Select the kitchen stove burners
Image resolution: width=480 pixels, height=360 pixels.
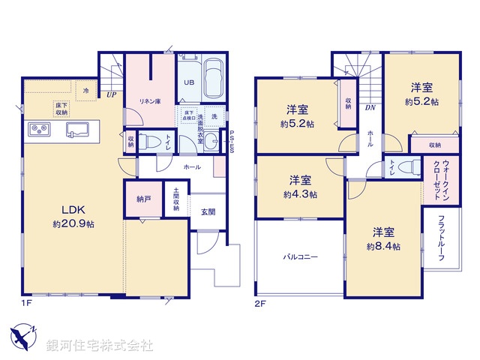click(x=39, y=130)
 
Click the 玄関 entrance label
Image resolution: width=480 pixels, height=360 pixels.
click(x=208, y=212)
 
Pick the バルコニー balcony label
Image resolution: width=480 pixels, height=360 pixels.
click(x=300, y=257)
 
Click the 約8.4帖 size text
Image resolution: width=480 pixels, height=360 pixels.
click(x=382, y=246)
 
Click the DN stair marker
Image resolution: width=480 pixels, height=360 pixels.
click(x=370, y=107)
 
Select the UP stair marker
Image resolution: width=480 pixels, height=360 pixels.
click(x=111, y=94)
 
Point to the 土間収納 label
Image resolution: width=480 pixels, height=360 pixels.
click(x=175, y=199)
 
